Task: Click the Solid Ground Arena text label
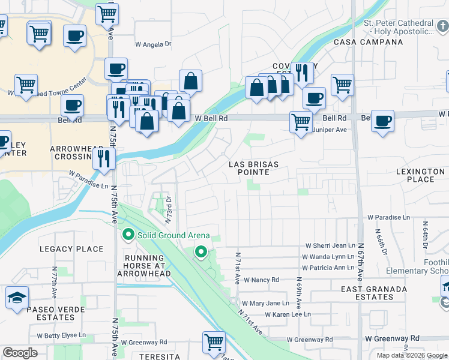pos(173,235)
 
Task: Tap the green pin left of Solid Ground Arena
pos(127,234)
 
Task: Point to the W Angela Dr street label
pos(153,44)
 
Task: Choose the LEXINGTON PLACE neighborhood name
pos(423,175)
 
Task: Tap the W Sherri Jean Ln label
pos(331,245)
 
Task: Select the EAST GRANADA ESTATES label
pos(367,293)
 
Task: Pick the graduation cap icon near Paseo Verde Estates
pos(17,298)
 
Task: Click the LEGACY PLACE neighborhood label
pos(71,249)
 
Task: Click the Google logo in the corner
pos(20,353)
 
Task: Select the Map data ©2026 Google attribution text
pos(412,355)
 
